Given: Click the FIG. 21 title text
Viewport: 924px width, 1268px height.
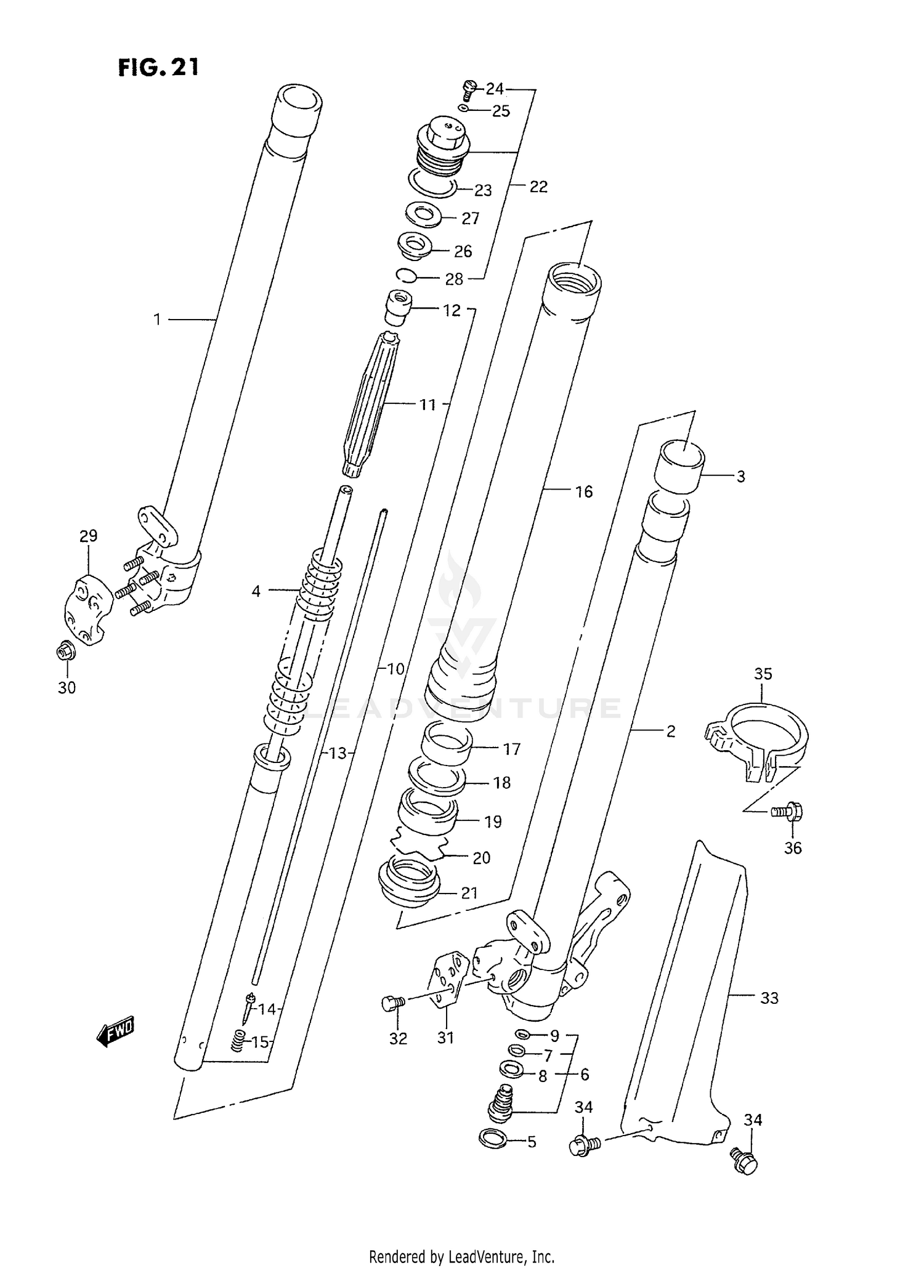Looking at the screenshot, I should pos(158,67).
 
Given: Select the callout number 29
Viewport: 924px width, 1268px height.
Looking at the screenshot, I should pos(88,536).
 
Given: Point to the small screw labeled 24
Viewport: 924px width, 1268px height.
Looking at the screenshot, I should pos(469,89).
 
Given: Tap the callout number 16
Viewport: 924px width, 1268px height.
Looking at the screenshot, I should pos(583,491).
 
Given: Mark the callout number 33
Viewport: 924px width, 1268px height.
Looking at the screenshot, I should pos(769,998).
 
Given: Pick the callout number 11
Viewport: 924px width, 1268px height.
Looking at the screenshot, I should pos(428,405).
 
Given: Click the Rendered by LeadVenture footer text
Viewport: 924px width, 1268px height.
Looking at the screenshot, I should pos(461,1256).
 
